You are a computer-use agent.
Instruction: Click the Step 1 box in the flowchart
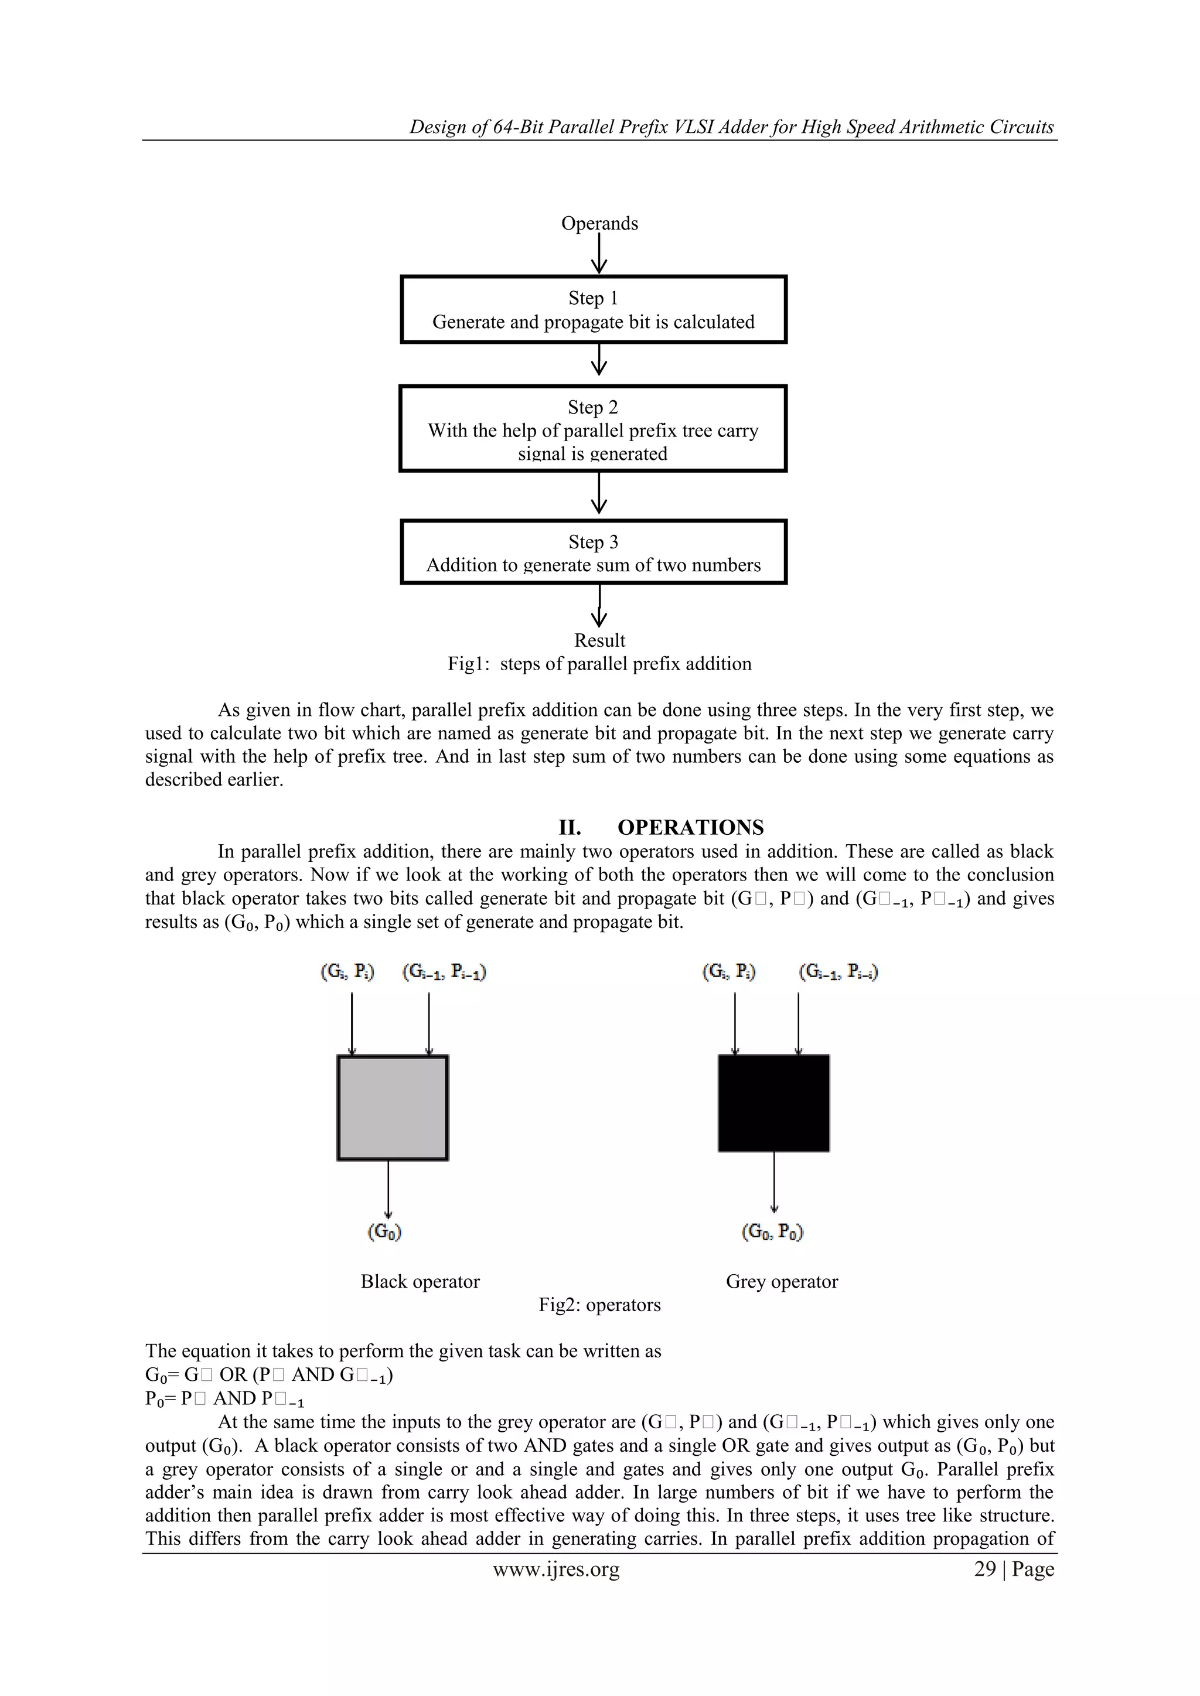click(594, 309)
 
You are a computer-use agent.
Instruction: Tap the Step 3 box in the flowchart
click(594, 552)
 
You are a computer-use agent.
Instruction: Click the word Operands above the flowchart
click(599, 223)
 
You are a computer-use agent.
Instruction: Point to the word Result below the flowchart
click(599, 640)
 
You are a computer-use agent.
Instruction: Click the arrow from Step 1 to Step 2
click(599, 360)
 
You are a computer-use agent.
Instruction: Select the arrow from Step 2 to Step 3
click(599, 493)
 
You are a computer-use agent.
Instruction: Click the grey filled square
click(393, 1107)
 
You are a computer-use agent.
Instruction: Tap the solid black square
click(773, 1103)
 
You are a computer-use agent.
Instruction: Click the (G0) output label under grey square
click(385, 1231)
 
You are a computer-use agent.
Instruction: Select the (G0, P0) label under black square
click(773, 1231)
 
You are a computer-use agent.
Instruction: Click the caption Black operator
click(420, 1282)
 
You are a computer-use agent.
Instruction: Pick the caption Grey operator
click(782, 1282)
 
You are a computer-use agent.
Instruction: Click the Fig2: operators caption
click(599, 1305)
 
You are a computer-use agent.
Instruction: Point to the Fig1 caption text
click(599, 663)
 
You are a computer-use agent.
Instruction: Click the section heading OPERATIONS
click(690, 827)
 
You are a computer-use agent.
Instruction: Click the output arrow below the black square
click(773, 1182)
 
